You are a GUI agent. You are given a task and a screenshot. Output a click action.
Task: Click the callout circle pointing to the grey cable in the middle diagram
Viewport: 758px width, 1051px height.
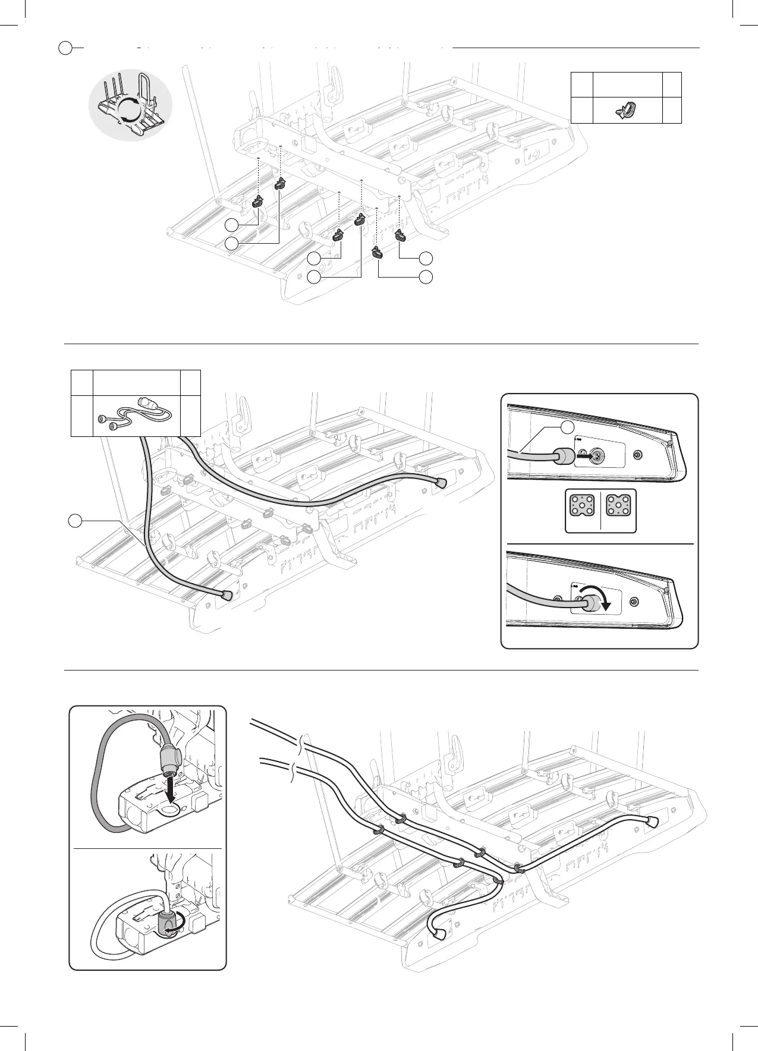(74, 521)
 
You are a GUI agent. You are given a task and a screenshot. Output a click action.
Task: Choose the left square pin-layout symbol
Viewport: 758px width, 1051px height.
(580, 511)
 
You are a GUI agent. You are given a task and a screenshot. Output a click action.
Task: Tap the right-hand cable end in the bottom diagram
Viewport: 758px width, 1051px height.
(653, 820)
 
